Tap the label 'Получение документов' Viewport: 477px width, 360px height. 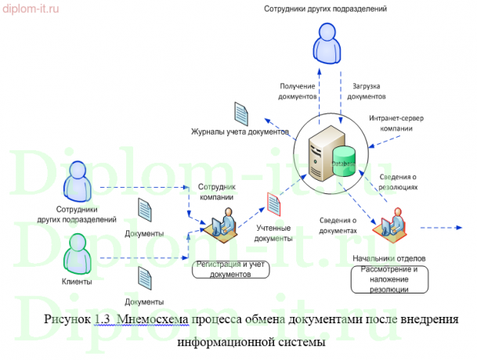tap(298, 91)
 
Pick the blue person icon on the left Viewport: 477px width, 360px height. tap(78, 180)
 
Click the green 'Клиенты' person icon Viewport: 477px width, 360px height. tap(78, 252)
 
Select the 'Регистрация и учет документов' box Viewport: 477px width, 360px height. tap(230, 270)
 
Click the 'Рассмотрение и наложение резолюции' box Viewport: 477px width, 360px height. tap(389, 279)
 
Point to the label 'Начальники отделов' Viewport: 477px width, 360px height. tap(388, 259)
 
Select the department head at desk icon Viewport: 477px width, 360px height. tap(389, 225)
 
